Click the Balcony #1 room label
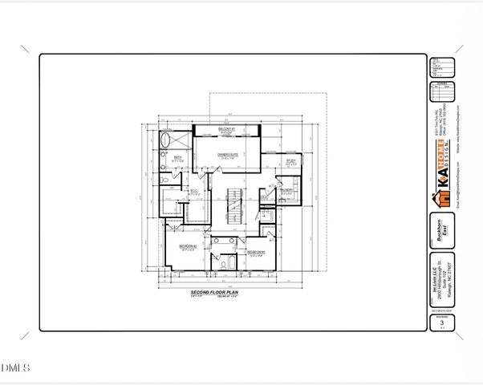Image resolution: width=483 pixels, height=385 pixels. [228, 128]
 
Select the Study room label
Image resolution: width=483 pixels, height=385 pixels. [290, 162]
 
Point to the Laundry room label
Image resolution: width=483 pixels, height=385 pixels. [287, 191]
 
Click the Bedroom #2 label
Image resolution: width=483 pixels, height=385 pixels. [188, 245]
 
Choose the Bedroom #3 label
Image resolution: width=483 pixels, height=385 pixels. [256, 253]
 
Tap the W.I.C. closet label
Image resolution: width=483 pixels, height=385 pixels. [193, 192]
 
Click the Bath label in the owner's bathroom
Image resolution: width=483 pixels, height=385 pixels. [177, 158]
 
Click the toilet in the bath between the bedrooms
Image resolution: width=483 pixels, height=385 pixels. [217, 261]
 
